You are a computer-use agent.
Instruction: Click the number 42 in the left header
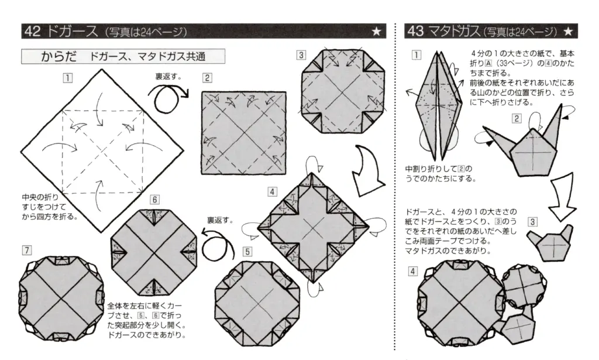coord(33,32)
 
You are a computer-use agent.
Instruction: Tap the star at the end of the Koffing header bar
coord(377,32)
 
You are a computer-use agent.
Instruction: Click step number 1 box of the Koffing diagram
coord(68,76)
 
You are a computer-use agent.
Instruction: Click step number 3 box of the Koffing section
coord(301,55)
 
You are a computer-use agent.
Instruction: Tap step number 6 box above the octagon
coord(155,199)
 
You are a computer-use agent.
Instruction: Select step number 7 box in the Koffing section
coord(26,250)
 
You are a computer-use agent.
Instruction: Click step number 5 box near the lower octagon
coord(247,251)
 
